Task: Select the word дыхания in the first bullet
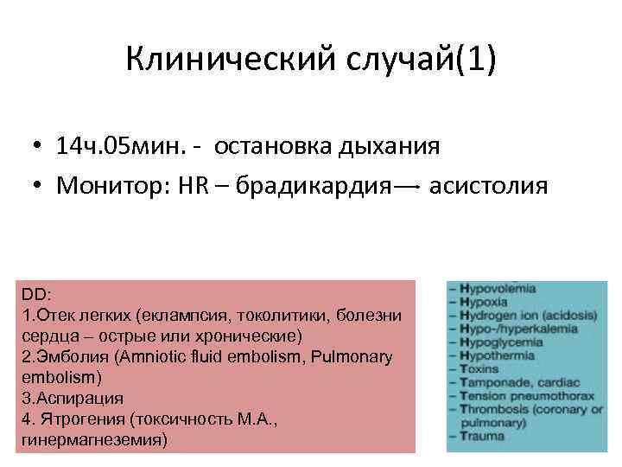pos(387,146)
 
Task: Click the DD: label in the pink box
pos(35,296)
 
